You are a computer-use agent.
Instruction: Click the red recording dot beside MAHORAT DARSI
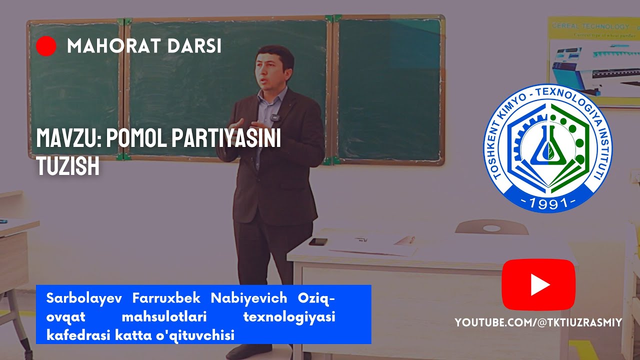46,46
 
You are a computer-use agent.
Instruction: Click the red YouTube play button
538,285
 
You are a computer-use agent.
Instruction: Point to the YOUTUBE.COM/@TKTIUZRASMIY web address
538,322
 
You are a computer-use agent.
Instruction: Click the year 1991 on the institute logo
548,202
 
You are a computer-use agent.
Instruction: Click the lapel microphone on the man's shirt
274,118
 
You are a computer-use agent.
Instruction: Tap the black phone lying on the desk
317,241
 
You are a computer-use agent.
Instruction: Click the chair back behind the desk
491,227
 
